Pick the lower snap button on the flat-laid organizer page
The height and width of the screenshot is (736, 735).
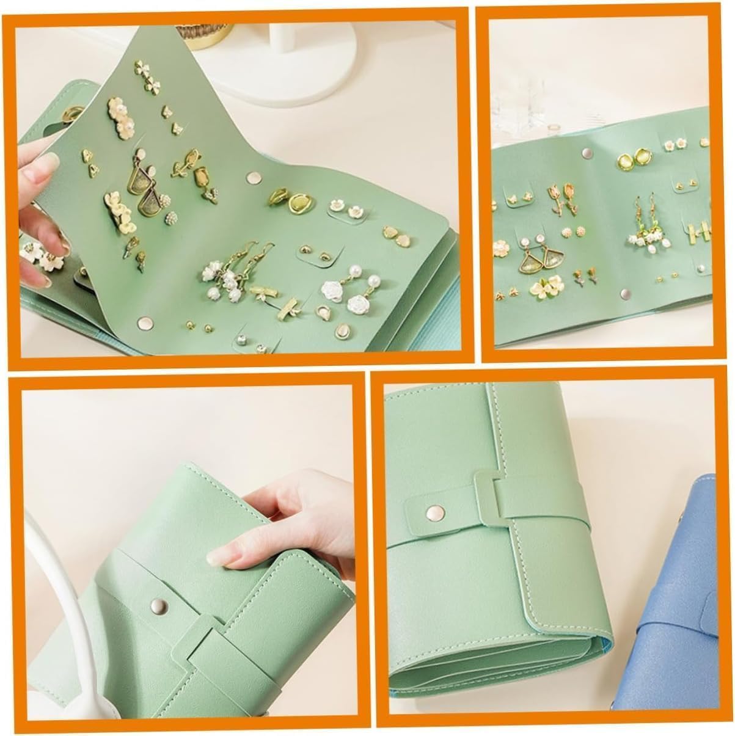coord(623,295)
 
